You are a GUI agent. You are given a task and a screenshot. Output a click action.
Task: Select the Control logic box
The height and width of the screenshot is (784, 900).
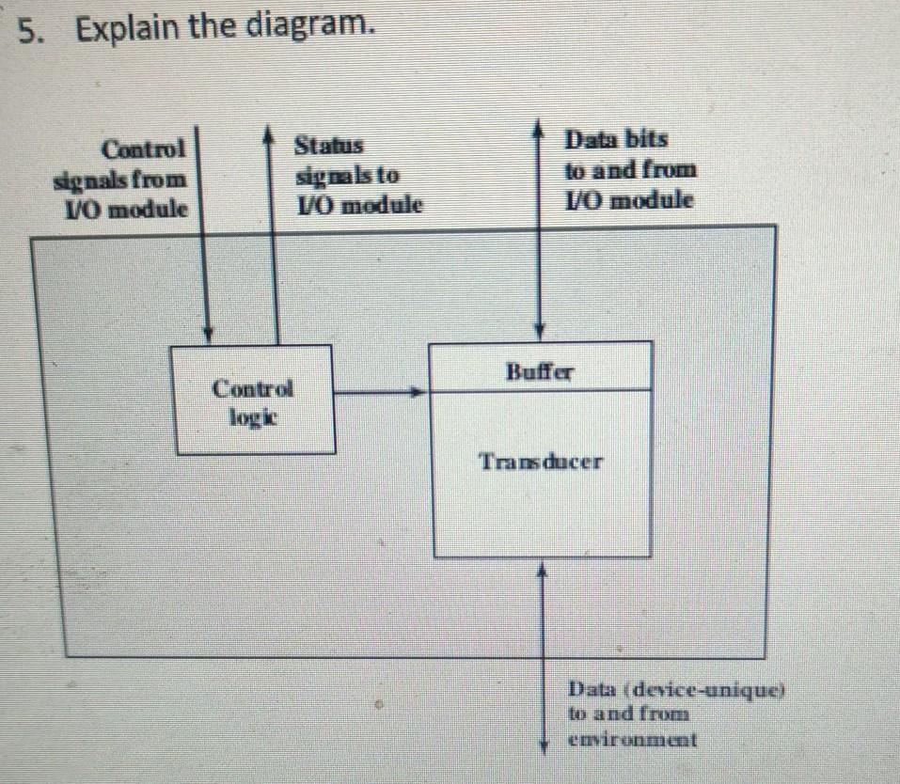(252, 400)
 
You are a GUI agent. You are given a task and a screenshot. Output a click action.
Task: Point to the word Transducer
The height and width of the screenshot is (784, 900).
(540, 462)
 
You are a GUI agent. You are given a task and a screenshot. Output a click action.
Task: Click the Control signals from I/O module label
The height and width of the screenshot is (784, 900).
(123, 178)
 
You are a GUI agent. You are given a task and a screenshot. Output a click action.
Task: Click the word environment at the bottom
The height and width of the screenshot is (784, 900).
(632, 739)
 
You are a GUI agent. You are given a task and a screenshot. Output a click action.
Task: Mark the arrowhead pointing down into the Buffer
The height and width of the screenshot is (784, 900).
(539, 332)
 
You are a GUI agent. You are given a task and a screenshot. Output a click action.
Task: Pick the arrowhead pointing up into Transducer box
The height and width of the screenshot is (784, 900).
(542, 567)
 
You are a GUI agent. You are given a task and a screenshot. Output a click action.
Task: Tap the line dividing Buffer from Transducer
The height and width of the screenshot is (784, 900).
(540, 389)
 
